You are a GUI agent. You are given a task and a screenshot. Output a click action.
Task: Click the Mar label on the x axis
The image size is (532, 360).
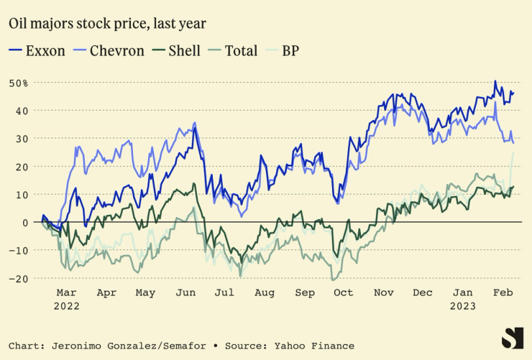[x=66, y=293]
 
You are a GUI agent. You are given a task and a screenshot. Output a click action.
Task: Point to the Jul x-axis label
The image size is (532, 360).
[x=224, y=293]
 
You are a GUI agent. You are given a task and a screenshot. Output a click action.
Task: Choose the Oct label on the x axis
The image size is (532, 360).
[x=344, y=293]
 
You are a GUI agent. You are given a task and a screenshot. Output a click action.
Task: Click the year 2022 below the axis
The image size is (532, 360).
[x=66, y=305]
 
